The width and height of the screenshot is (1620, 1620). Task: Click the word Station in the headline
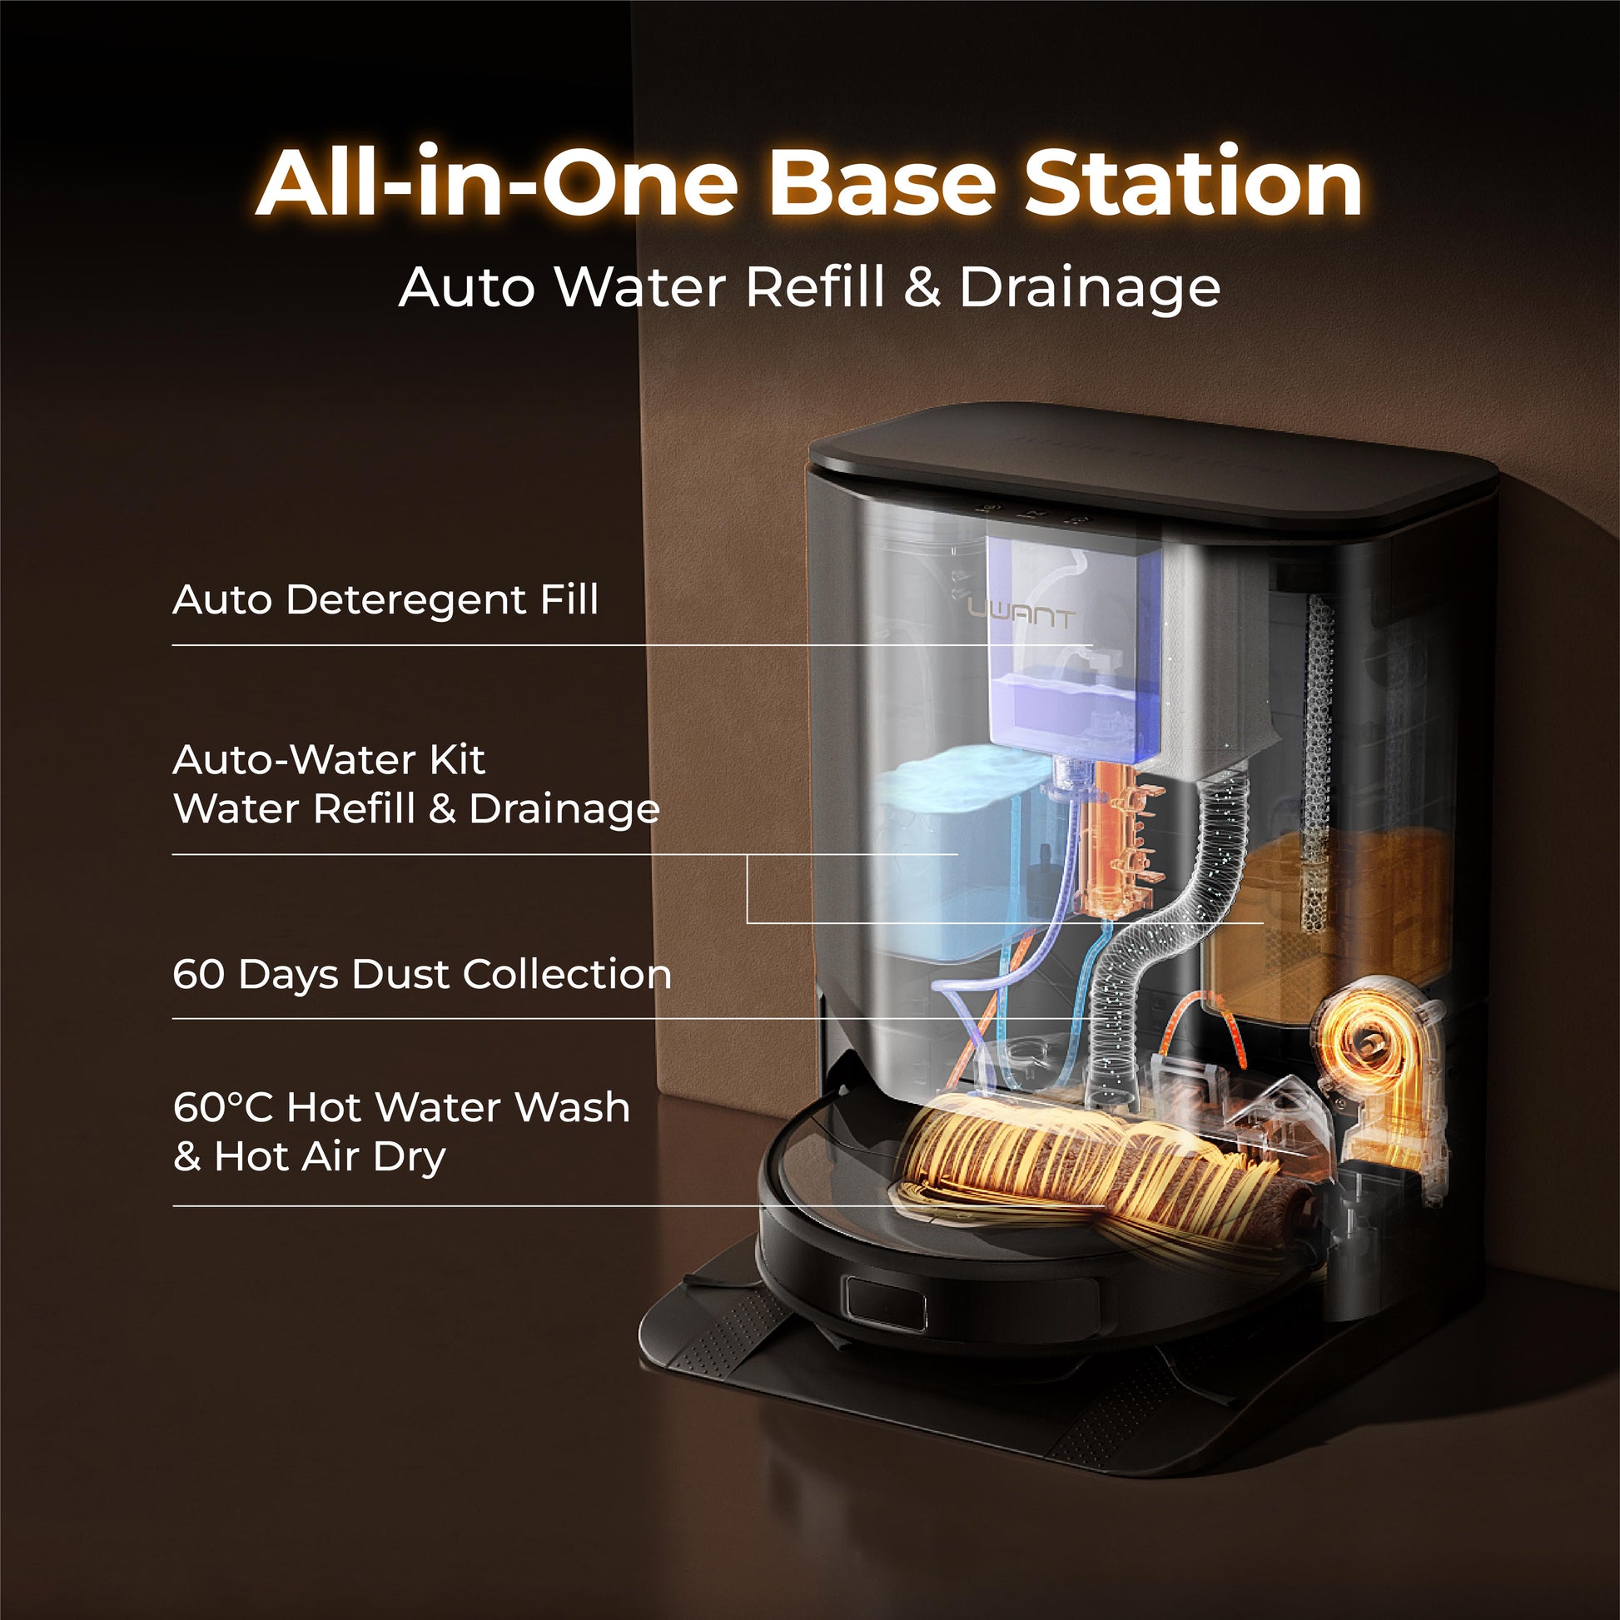pos(1194,182)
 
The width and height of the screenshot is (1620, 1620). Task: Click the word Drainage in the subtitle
pos(1089,288)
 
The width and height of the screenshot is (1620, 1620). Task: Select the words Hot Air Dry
pos(330,1157)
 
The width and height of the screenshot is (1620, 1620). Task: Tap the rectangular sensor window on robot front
pos(886,1304)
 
